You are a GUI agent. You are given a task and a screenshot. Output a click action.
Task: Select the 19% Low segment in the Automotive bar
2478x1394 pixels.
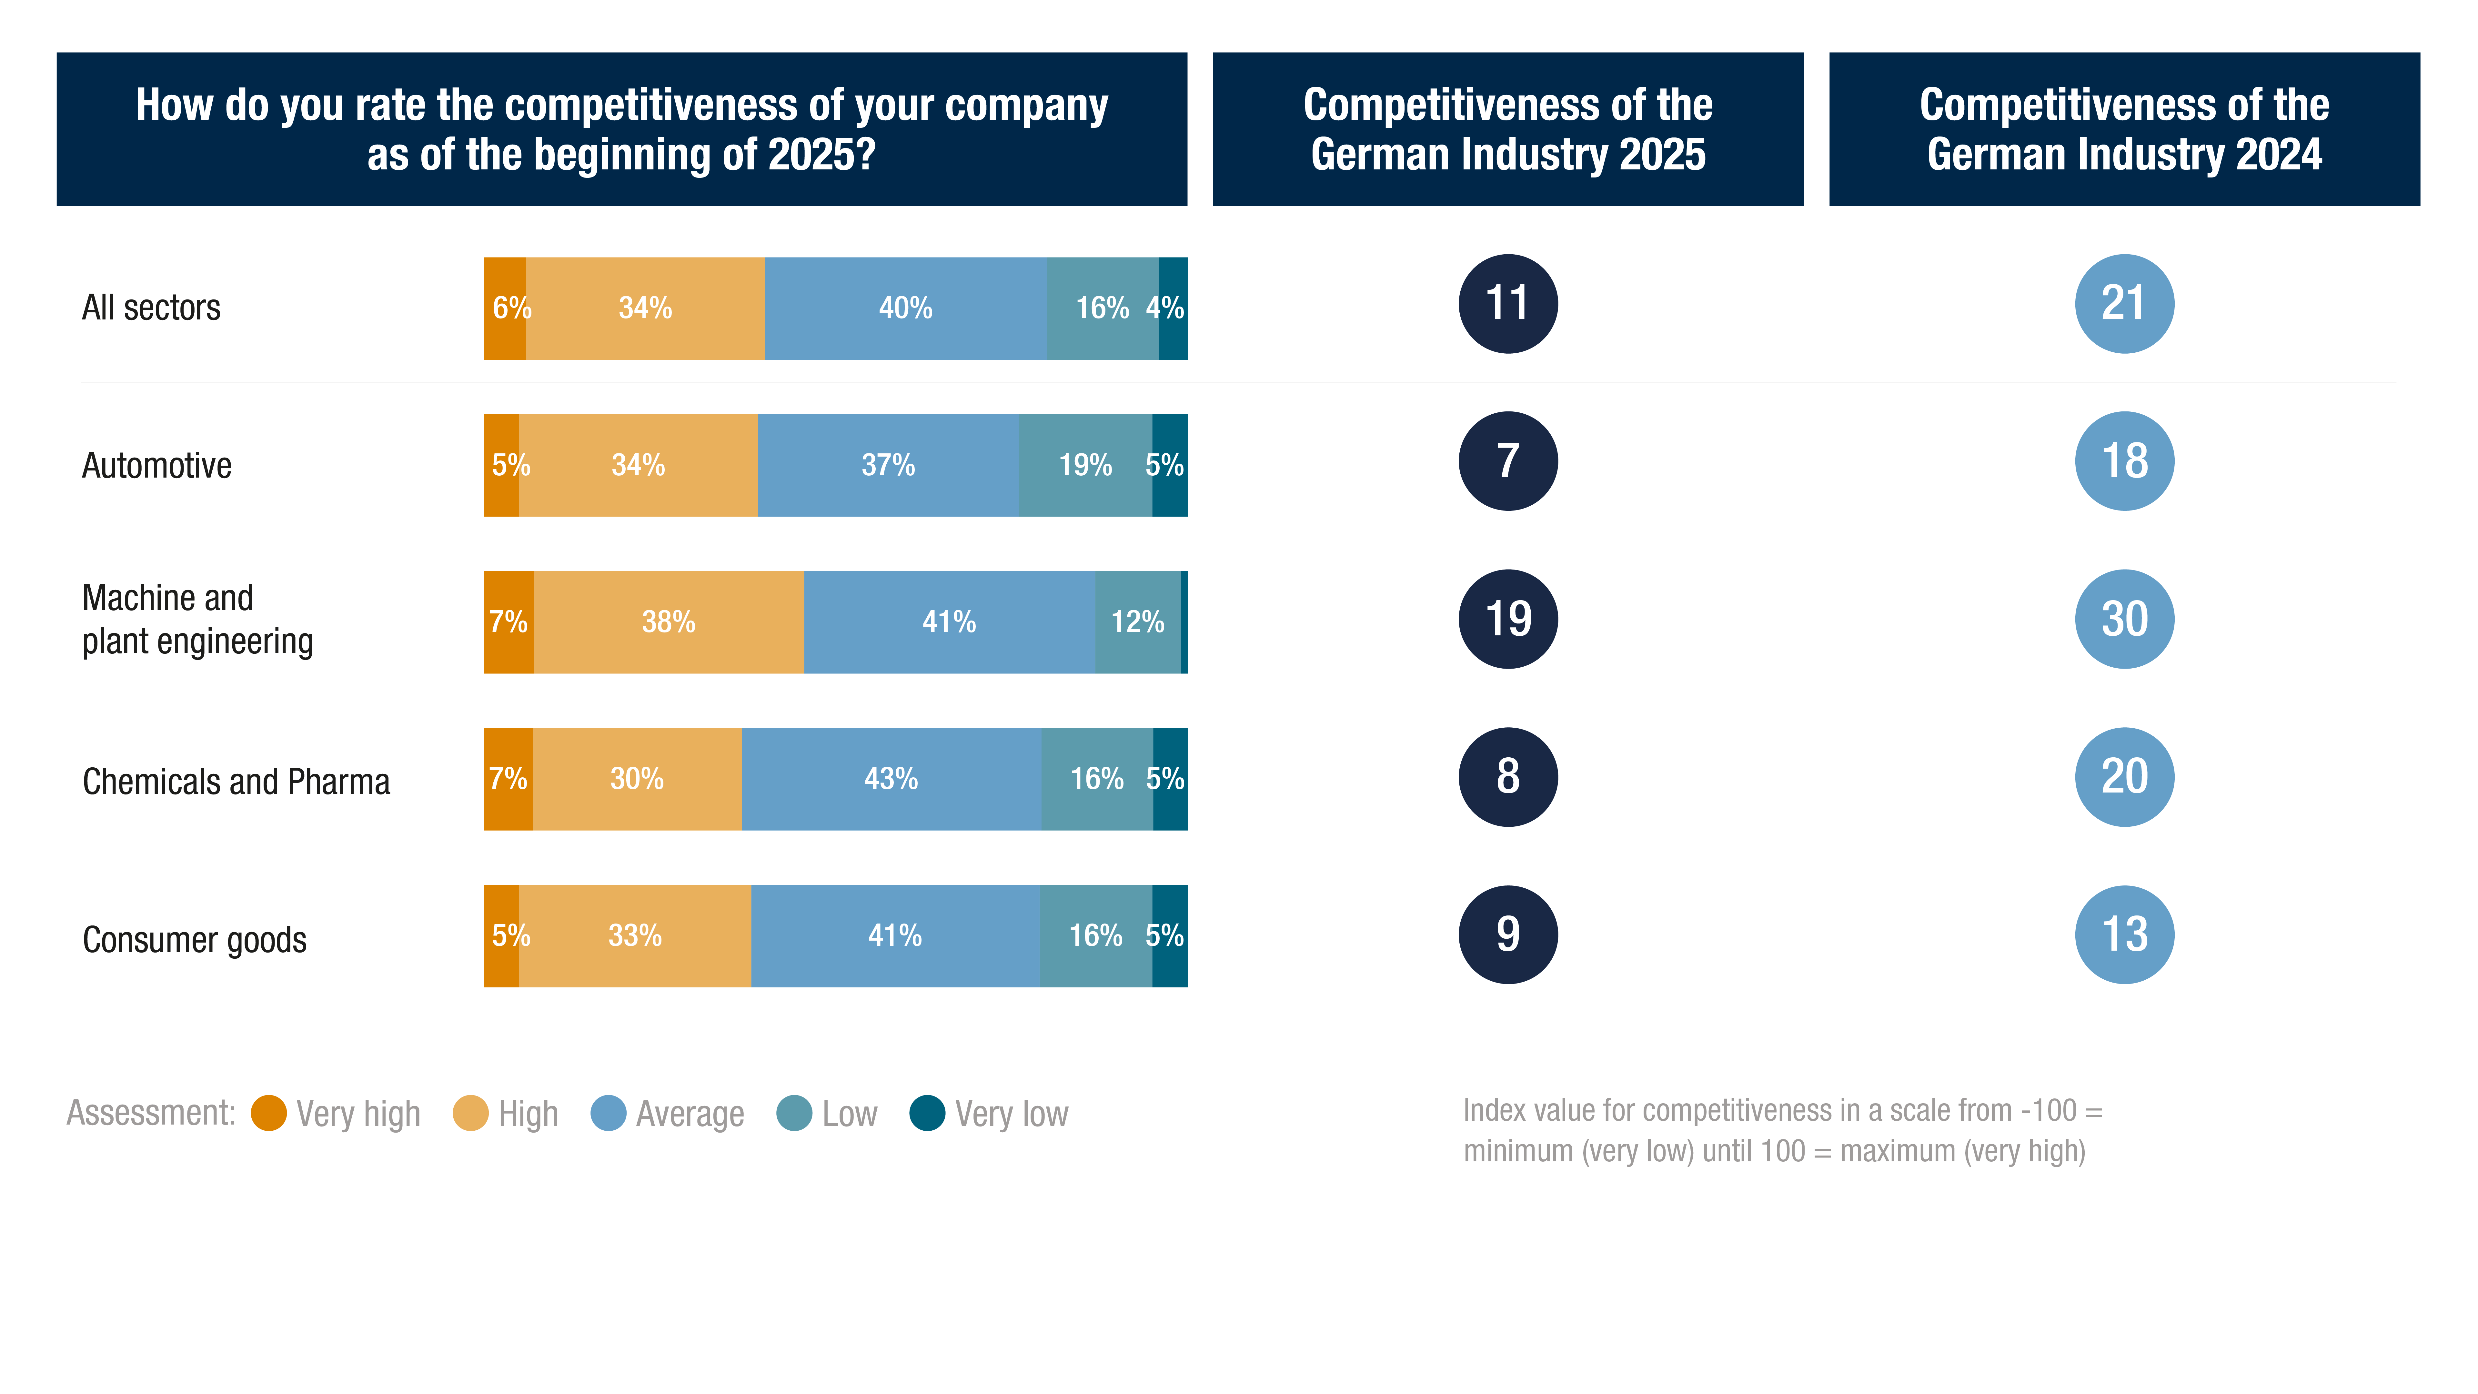(1085, 466)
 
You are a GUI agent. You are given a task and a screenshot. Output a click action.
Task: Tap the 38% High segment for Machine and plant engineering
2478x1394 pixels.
(669, 622)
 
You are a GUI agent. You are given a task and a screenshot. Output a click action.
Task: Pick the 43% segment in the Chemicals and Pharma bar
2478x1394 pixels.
(891, 779)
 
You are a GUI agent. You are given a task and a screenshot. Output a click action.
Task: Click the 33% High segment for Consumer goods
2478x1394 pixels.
(635, 936)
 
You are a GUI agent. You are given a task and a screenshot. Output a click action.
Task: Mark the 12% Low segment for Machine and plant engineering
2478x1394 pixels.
(1137, 622)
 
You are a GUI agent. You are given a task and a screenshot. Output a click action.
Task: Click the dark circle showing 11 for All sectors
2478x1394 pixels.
(1507, 304)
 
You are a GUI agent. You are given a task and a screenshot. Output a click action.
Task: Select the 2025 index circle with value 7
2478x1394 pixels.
(1507, 461)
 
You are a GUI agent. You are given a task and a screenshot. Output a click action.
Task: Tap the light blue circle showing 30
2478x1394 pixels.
(2124, 619)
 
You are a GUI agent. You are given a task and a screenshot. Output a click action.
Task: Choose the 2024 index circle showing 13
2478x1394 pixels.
(2124, 934)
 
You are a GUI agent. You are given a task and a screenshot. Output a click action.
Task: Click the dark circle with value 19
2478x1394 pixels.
(1507, 619)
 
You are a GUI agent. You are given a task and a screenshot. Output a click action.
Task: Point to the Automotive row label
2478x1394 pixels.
(157, 466)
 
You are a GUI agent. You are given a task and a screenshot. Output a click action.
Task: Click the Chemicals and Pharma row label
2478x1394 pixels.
(236, 781)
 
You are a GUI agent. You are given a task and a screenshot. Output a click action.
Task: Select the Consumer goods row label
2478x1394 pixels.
(194, 939)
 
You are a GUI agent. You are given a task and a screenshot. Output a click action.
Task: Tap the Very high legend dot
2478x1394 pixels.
(268, 1113)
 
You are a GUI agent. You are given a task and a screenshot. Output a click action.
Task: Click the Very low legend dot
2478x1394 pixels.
(927, 1113)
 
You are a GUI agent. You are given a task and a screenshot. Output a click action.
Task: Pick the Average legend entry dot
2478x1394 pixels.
(608, 1113)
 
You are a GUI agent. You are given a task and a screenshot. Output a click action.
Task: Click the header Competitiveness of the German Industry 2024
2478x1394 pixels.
(2124, 129)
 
